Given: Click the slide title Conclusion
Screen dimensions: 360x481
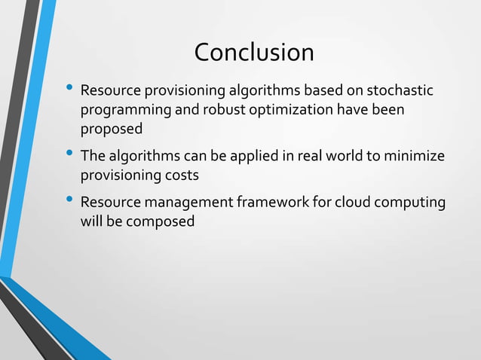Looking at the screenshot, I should pyautogui.click(x=254, y=53).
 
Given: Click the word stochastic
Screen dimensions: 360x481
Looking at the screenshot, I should pyautogui.click(x=400, y=91).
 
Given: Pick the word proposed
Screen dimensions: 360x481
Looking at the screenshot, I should pyautogui.click(x=111, y=130).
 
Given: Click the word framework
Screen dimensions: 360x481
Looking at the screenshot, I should pyautogui.click(x=268, y=203).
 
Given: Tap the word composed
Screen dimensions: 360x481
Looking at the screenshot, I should pyautogui.click(x=158, y=222).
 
